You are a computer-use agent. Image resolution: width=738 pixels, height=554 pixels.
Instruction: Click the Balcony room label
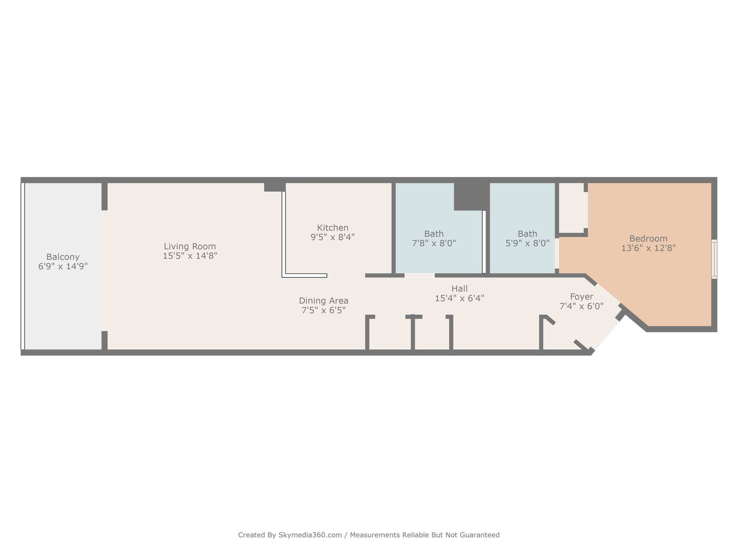[x=63, y=257]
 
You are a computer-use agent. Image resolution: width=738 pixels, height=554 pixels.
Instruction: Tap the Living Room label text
[x=190, y=246]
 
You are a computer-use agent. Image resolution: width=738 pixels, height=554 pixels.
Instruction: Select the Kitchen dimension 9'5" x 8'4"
[x=333, y=237]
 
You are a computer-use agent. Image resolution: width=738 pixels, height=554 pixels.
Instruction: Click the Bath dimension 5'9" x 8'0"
[x=527, y=243]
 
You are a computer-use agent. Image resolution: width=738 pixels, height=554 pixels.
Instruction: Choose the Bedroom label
[x=648, y=239]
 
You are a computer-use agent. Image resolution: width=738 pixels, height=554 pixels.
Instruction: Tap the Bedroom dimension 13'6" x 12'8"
[x=648, y=248]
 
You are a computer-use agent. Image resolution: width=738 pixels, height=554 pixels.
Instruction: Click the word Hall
[x=460, y=289]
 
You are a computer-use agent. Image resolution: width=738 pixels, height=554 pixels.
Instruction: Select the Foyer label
[x=582, y=296]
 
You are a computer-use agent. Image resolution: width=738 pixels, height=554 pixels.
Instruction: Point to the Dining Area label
[x=323, y=301]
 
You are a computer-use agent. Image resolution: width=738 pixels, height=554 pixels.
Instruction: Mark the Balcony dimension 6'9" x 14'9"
[x=63, y=266]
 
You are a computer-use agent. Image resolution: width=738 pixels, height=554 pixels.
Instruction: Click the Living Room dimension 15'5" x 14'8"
[x=190, y=255]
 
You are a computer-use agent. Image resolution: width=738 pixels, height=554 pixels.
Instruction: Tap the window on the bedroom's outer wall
[x=714, y=259]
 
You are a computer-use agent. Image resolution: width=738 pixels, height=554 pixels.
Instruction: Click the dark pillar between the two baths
[x=471, y=196]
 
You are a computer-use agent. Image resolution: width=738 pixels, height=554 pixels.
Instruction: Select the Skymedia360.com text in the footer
[x=310, y=535]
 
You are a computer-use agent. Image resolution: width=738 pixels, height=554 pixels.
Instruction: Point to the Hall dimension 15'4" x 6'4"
[x=460, y=298]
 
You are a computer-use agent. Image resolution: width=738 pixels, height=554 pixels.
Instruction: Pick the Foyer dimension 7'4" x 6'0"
[x=582, y=306]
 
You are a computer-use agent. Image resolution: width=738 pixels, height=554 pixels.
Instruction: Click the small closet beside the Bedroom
[x=571, y=207]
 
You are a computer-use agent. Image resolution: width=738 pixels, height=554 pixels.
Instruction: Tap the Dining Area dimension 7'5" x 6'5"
[x=323, y=310]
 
